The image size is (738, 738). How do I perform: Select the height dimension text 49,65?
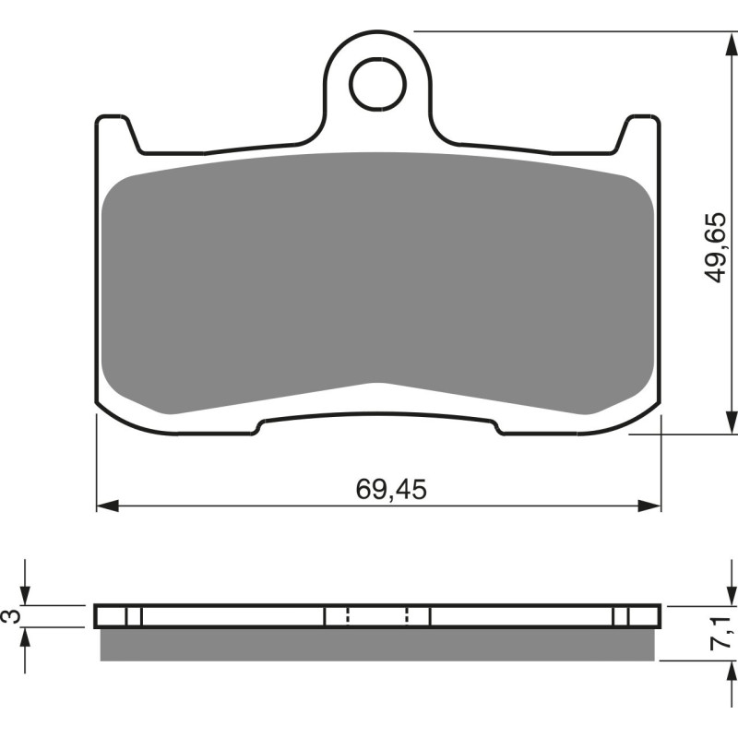coord(716,247)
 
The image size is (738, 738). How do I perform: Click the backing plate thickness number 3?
coord(12,616)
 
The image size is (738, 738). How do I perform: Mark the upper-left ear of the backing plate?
coord(113,129)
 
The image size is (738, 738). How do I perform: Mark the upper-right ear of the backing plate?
coord(643,129)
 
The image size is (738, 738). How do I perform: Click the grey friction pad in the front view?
coord(378,277)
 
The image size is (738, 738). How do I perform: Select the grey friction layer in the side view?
coord(378,645)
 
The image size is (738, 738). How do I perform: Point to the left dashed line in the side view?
coord(347,616)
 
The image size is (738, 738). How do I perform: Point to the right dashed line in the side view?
coord(408,616)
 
